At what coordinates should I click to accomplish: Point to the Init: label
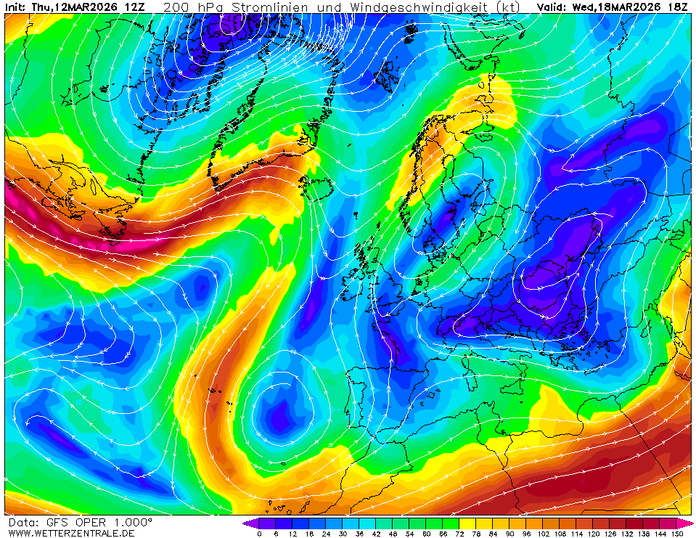17,7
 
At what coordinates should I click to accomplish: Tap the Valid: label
552,7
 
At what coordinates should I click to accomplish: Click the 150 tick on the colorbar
678,534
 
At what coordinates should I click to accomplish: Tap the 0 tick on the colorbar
259,534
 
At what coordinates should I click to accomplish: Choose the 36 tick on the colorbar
360,534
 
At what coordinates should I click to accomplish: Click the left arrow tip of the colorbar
245,523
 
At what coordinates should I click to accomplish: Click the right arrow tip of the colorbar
691,523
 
